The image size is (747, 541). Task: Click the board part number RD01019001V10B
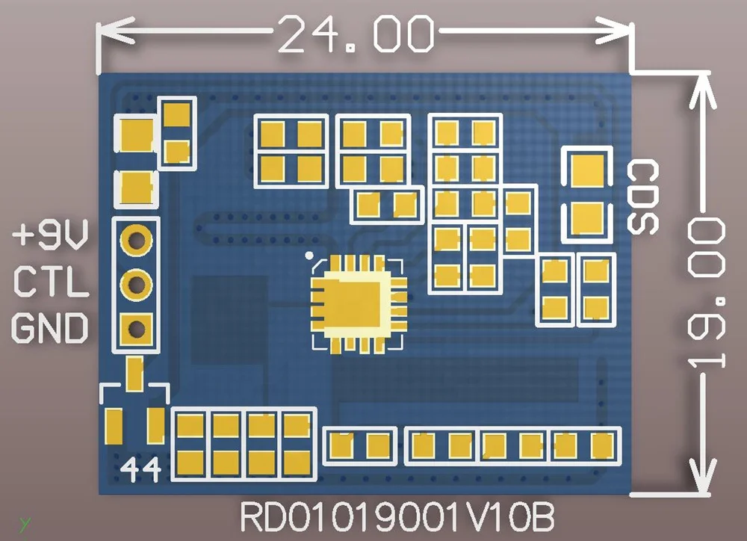397,516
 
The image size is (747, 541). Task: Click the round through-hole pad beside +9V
136,240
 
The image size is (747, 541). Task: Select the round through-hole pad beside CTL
136,283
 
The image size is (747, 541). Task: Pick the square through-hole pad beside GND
136,327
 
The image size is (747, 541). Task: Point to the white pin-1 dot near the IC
309,255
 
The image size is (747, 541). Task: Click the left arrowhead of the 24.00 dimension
109,32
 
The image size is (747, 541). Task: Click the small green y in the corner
25,522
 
